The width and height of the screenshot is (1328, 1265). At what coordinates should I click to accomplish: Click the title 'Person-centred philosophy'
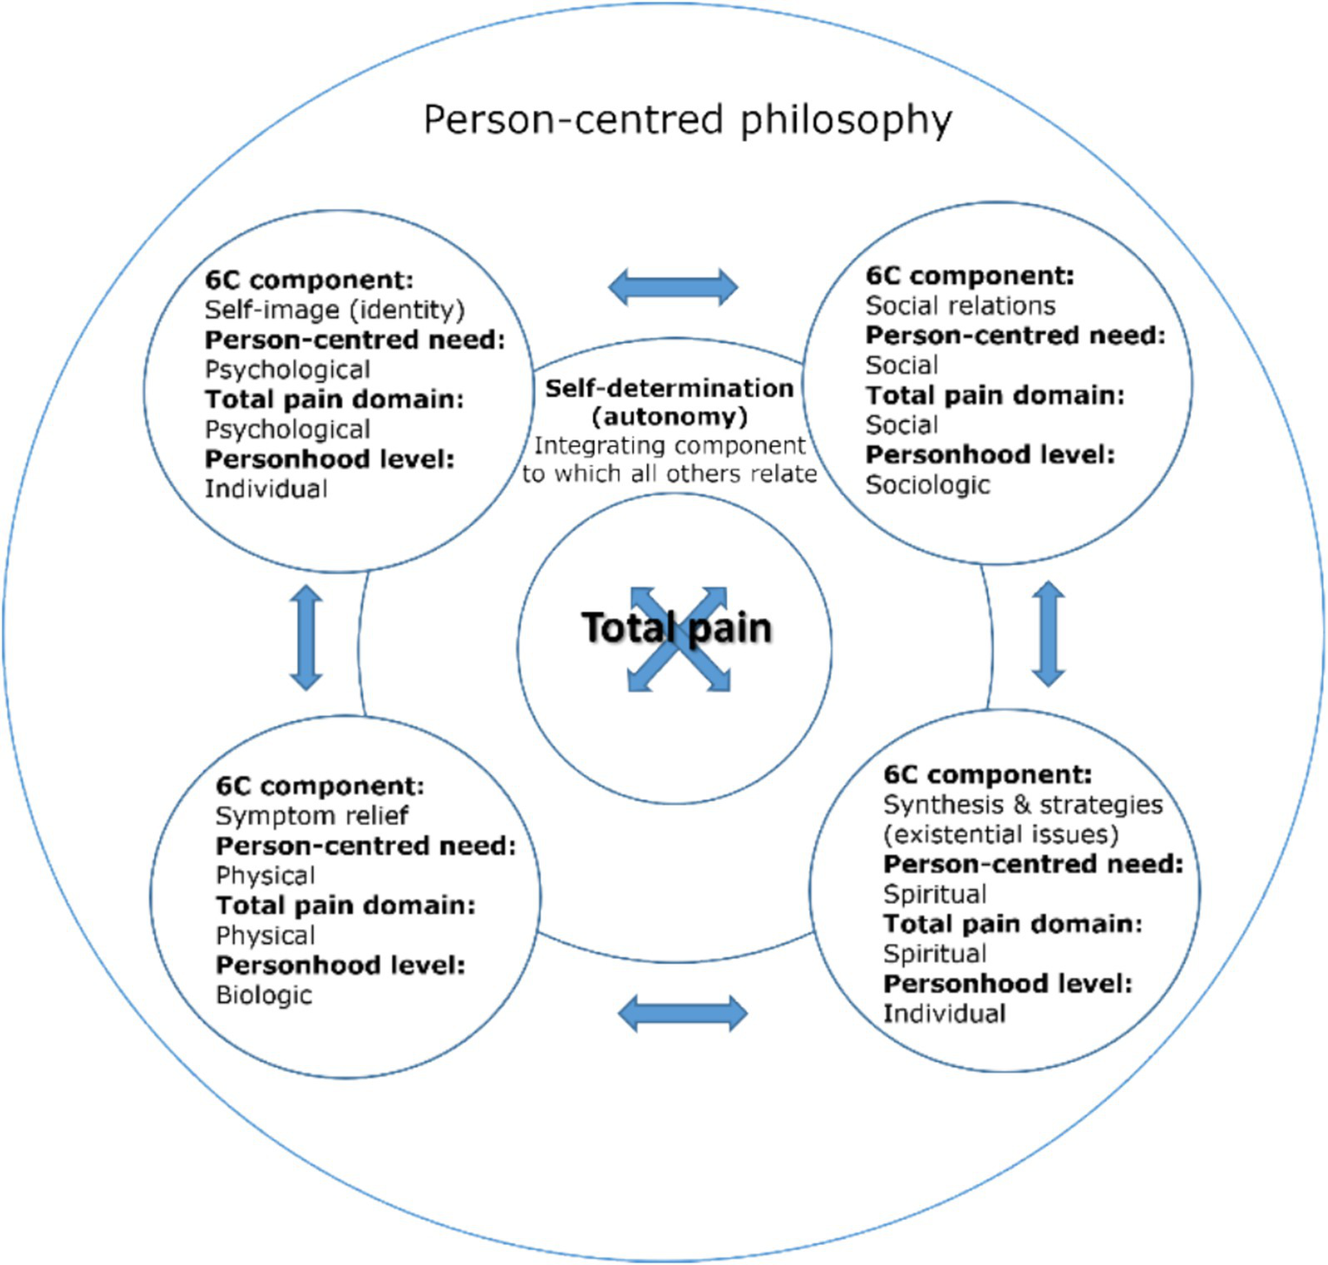[x=687, y=119]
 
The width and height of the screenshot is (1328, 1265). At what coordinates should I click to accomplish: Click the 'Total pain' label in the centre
[x=676, y=628]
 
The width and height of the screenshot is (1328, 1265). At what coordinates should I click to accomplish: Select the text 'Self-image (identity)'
[x=334, y=310]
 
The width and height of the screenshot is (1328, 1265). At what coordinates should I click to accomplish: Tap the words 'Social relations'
[x=960, y=305]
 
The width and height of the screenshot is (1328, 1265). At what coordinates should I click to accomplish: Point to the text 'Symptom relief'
[x=311, y=815]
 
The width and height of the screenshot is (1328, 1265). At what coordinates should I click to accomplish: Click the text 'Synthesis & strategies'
[x=1023, y=804]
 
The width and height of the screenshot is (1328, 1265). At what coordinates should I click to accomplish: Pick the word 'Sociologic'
[x=927, y=484]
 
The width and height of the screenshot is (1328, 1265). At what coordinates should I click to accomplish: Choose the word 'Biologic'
[x=264, y=994]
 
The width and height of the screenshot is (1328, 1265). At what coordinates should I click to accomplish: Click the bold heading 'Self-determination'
[x=669, y=388]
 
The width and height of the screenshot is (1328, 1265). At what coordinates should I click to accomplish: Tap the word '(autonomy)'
[x=669, y=417]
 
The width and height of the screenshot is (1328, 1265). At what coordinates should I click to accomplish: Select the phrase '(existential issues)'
[x=1000, y=834]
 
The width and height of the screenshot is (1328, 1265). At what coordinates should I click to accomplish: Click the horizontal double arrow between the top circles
[x=673, y=286]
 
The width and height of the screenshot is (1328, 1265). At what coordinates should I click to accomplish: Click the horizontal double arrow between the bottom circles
[x=683, y=1013]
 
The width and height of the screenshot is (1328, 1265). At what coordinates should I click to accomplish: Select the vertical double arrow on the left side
[x=306, y=637]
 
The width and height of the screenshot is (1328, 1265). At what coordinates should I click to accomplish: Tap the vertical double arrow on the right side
[x=1048, y=634]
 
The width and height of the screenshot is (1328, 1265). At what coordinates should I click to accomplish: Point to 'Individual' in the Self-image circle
[x=266, y=489]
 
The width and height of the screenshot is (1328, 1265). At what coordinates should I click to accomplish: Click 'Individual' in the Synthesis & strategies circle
[x=944, y=1013]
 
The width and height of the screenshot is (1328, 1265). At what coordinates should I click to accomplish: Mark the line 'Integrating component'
[x=669, y=445]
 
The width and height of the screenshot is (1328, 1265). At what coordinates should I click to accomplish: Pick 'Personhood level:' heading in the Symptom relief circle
[x=340, y=965]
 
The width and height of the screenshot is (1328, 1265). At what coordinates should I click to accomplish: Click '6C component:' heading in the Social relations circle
[x=969, y=276]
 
